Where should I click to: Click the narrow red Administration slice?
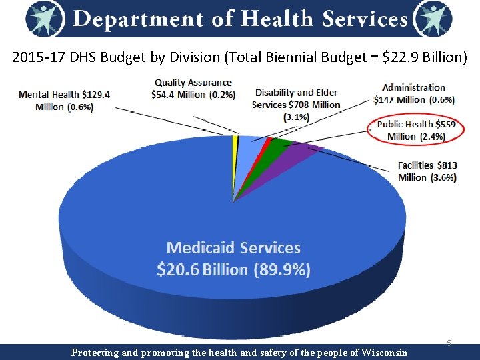267,142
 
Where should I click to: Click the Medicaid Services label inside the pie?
233,248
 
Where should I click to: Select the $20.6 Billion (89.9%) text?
233,269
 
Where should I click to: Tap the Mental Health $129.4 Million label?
64,101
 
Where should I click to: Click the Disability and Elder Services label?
296,104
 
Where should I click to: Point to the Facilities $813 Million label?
427,171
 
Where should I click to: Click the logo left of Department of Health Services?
46,19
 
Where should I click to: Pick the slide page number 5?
449,343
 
